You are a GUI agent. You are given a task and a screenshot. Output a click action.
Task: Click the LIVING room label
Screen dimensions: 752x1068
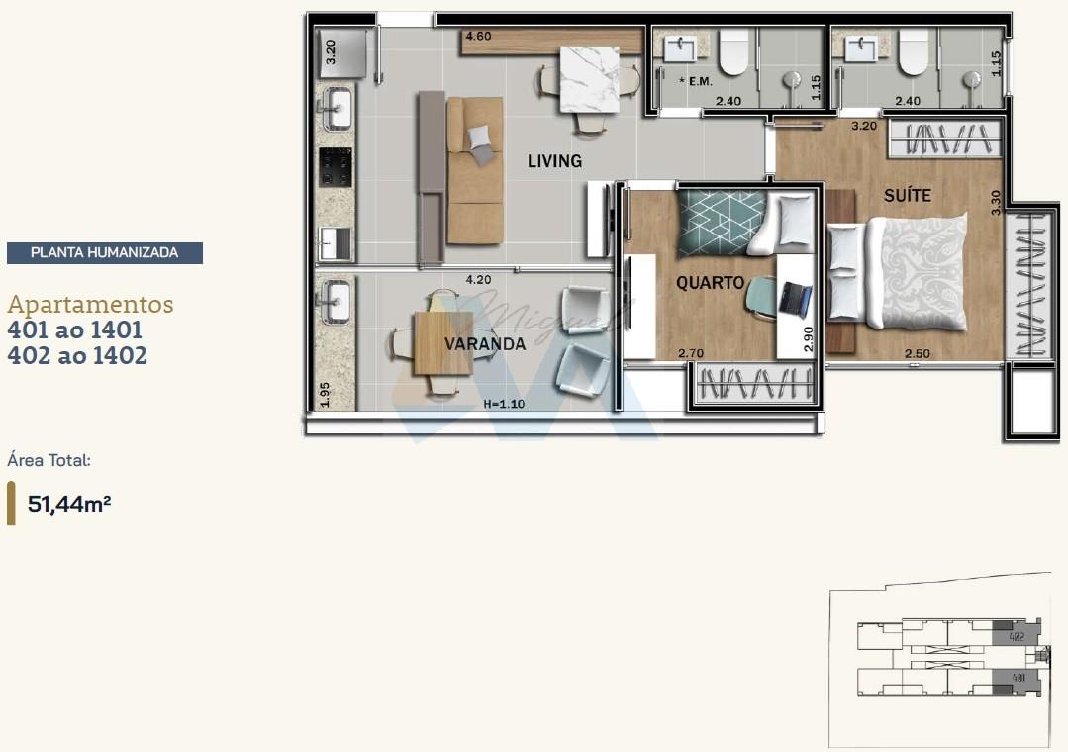point(554,161)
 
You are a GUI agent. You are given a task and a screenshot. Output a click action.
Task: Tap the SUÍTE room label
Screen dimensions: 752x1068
point(907,196)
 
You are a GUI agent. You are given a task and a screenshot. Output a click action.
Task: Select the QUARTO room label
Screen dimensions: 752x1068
point(710,283)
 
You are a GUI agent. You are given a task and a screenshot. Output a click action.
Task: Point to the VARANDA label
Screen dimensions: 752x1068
point(484,344)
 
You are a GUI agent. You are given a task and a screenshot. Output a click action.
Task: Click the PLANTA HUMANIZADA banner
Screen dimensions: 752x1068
point(105,253)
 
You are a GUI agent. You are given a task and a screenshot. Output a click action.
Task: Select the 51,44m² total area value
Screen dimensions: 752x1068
point(69,504)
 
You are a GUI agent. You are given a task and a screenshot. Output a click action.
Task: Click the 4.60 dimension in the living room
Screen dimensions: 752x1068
point(478,37)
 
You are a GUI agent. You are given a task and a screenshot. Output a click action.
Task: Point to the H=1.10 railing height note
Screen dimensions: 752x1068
point(506,405)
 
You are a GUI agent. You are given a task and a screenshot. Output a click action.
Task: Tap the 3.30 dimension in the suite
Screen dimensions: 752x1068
point(997,202)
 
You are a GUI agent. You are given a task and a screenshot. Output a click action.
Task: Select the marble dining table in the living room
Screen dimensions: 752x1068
point(589,80)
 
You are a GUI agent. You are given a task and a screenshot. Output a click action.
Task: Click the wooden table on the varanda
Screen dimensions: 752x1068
point(442,342)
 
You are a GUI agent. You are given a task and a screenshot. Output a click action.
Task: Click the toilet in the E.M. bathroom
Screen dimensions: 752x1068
point(733,52)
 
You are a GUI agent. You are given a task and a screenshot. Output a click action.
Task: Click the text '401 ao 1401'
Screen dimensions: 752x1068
point(75,329)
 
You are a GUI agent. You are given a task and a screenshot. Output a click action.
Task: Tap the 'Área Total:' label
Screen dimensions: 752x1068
point(49,460)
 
